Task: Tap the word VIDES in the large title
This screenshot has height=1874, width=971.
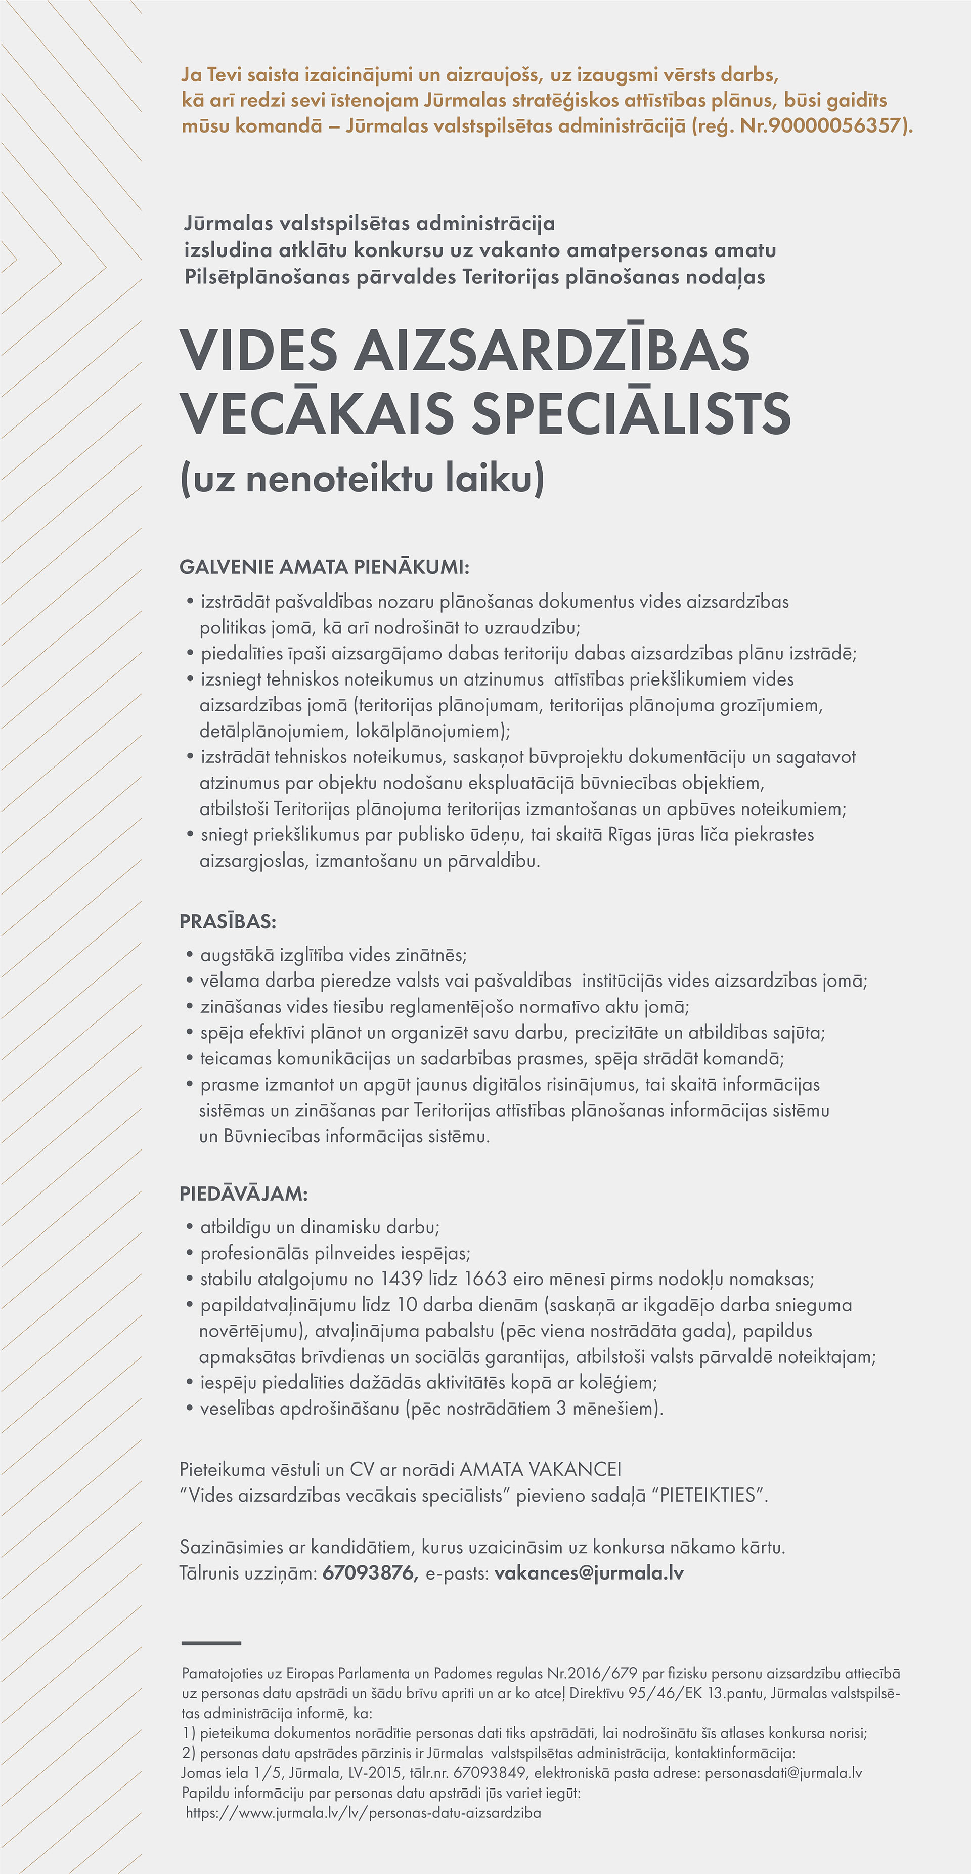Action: point(259,350)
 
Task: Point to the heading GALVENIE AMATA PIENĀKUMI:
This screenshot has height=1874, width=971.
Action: point(324,567)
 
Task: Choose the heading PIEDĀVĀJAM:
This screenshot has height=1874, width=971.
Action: point(244,1194)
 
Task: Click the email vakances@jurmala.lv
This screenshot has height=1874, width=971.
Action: point(589,1573)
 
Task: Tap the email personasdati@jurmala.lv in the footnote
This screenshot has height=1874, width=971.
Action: point(783,1773)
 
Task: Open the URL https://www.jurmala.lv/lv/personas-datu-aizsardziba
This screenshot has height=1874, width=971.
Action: point(364,1812)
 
